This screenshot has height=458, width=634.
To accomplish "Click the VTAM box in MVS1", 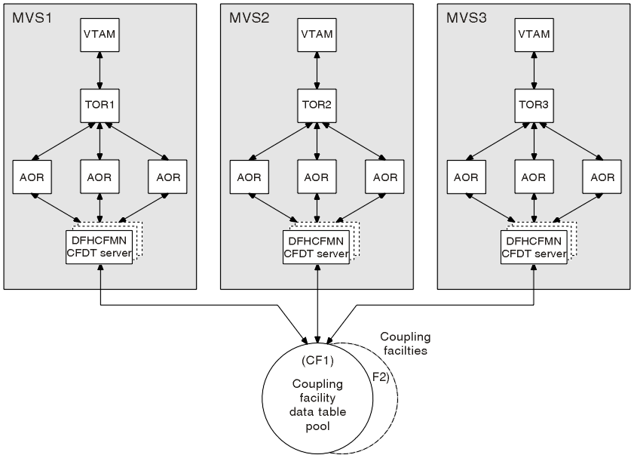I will point(100,35).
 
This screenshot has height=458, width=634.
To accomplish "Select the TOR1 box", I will point(100,106).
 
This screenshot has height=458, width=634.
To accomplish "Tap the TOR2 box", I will point(317,106).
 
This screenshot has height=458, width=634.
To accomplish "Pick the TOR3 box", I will point(534,106).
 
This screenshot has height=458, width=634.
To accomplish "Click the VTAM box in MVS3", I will point(534,35).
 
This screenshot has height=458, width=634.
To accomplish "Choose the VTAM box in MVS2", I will point(317,35).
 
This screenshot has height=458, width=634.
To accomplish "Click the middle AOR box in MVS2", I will point(317,177).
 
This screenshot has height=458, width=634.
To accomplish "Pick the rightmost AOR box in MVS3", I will point(602,177).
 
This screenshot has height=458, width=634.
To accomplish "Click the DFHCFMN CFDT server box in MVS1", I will point(100,247).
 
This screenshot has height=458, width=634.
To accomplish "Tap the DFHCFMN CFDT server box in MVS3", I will point(534,247).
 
